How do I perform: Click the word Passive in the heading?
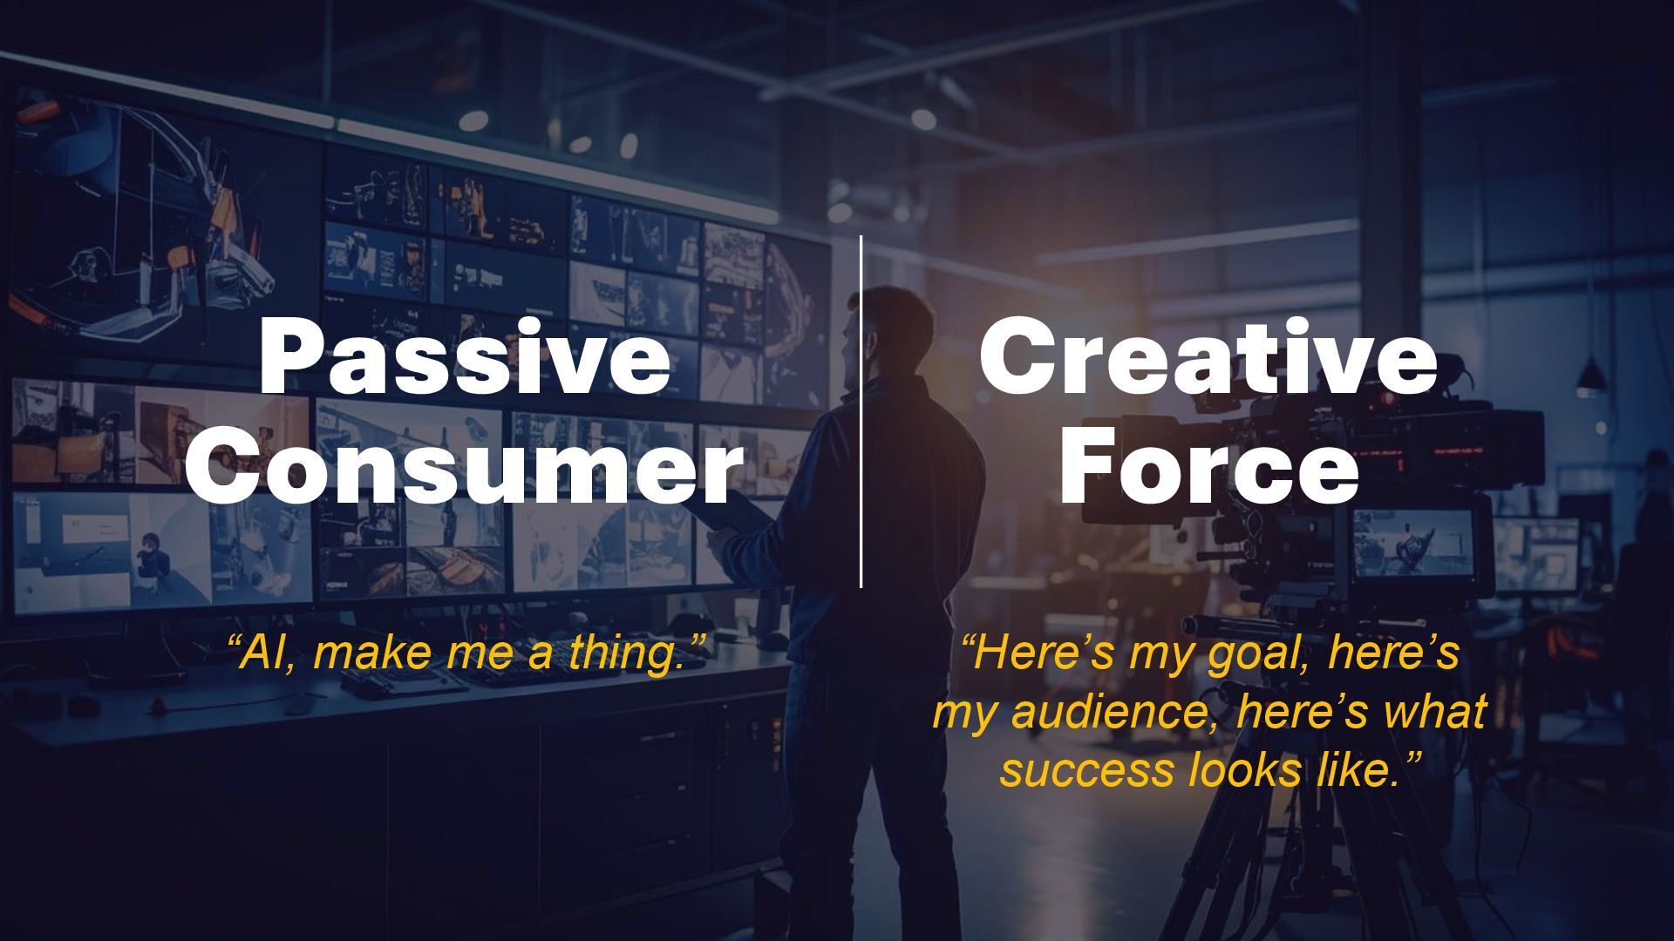tap(465, 357)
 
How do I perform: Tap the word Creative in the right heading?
tap(1208, 357)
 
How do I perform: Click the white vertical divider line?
tap(861, 411)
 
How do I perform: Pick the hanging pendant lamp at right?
tap(1590, 376)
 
